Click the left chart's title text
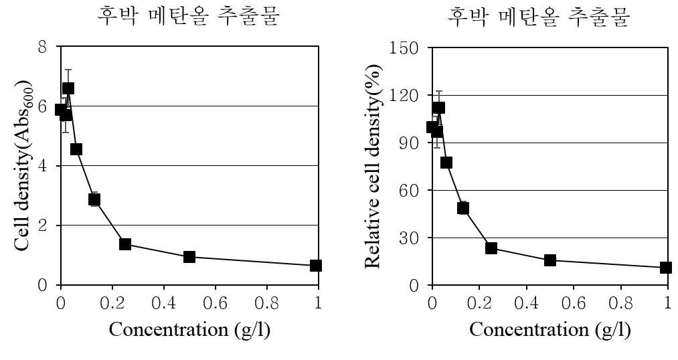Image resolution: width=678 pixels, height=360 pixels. click(x=188, y=16)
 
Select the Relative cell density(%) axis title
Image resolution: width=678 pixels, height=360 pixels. click(x=373, y=167)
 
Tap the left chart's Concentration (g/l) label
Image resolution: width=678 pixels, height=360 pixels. click(x=189, y=330)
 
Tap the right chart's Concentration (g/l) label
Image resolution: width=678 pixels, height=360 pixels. click(x=550, y=330)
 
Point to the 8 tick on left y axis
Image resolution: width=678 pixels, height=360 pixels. click(x=42, y=46)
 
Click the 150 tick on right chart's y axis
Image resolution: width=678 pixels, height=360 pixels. click(x=404, y=48)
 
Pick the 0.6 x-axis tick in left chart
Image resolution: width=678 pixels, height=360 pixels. click(x=216, y=303)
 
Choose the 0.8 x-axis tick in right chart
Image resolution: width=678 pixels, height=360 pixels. click(x=620, y=303)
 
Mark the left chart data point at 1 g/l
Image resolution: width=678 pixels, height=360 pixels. click(x=316, y=266)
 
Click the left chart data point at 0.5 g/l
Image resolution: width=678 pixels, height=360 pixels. click(x=189, y=257)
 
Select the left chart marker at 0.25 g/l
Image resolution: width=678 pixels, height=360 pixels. click(x=125, y=244)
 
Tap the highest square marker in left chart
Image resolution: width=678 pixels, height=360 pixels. click(x=68, y=88)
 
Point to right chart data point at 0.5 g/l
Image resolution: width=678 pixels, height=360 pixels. click(x=550, y=260)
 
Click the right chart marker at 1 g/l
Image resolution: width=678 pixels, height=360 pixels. click(x=667, y=268)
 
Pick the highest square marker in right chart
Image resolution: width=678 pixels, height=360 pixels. click(x=438, y=108)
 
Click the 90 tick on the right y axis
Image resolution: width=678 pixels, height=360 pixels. click(x=409, y=143)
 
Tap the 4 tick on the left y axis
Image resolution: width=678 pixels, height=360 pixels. click(x=42, y=166)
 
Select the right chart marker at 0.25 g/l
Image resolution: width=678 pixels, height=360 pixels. click(x=491, y=248)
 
